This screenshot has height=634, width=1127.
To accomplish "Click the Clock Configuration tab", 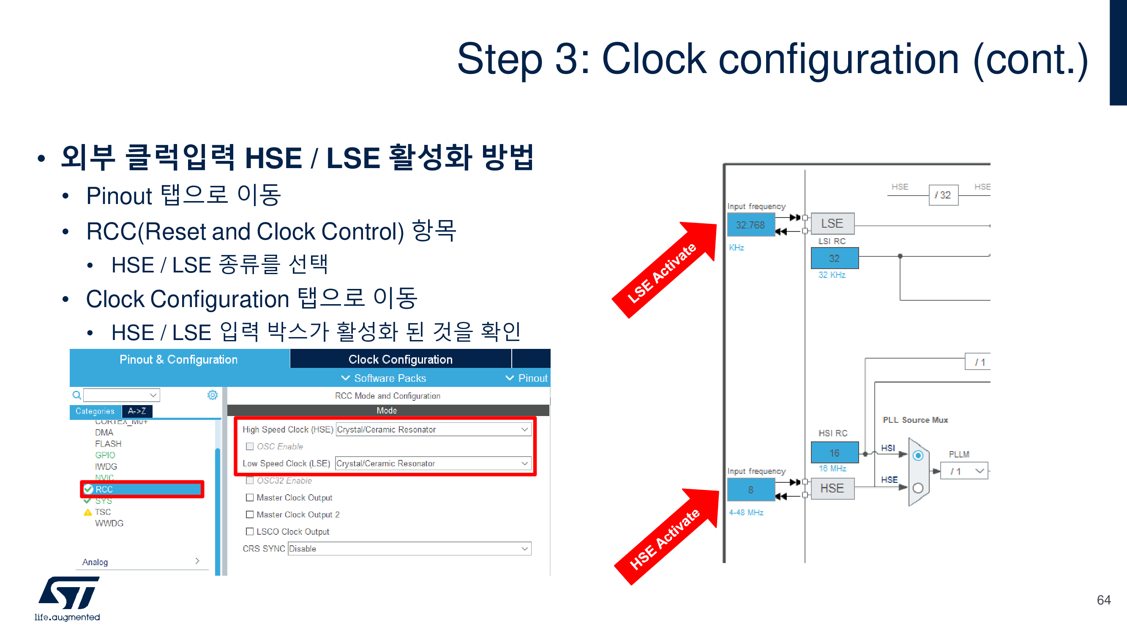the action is point(400,359).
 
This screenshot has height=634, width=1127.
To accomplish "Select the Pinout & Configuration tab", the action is point(178,359).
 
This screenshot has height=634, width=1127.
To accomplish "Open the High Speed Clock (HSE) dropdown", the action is point(433,430).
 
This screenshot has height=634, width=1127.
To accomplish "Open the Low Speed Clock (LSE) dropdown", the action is point(433,463).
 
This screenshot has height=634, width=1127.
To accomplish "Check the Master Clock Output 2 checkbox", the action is point(250,514).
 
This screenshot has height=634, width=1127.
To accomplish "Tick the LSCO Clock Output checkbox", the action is point(250,532).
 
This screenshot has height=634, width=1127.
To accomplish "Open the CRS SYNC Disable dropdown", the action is point(409,549).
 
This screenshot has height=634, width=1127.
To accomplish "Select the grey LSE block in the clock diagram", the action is point(832,223).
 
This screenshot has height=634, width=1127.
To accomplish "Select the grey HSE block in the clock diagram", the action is point(832,488).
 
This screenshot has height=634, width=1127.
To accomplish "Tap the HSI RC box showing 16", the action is point(834,453).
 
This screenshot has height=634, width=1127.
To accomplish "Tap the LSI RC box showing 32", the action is point(834,258).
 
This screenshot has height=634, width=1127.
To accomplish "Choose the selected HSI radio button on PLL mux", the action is point(918,456).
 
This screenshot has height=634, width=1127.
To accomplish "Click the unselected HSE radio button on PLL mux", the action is point(918,488).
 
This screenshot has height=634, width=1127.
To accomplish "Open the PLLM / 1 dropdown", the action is point(964,471).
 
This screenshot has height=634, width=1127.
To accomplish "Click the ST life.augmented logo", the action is point(68,598).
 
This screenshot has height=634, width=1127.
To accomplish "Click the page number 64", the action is point(1103,600).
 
